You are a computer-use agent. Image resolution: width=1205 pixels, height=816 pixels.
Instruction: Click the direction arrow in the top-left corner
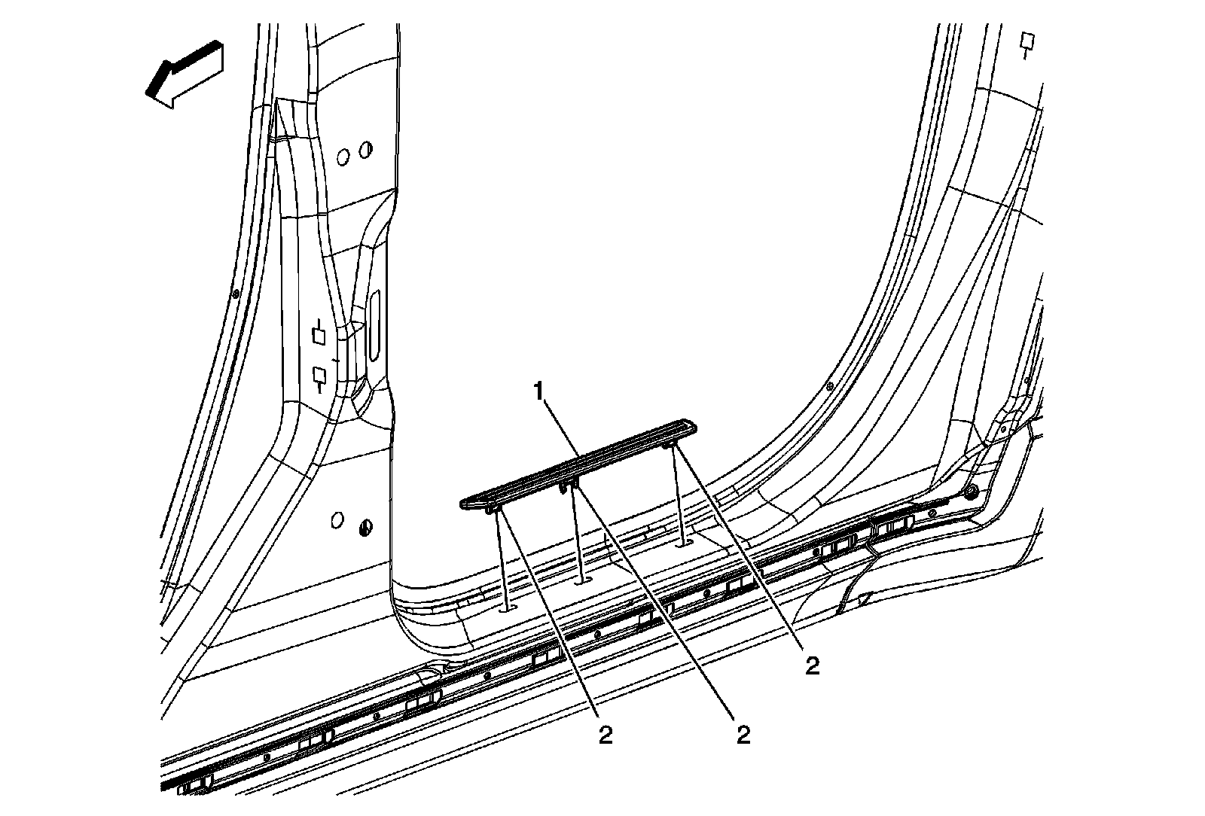(185, 73)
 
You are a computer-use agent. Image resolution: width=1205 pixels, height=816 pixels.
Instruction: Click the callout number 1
(538, 391)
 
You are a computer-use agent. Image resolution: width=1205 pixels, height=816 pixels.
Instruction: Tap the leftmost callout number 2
(606, 735)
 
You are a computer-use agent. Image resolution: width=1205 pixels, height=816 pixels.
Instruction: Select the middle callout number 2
(743, 735)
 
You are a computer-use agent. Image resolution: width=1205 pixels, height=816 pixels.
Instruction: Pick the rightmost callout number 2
(811, 665)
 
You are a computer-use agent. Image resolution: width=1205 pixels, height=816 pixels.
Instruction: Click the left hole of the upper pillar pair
(343, 157)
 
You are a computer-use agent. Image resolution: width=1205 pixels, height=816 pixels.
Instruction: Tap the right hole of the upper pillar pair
(365, 150)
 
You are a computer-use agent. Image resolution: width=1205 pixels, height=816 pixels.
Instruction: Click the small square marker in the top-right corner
(1026, 39)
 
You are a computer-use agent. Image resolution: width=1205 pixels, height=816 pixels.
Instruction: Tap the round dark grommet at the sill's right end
(972, 492)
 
